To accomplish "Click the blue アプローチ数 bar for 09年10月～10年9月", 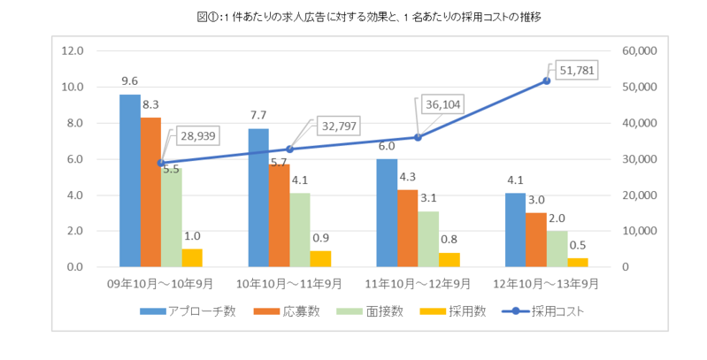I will coord(130,180).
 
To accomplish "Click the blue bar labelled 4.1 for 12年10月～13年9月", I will coord(515,230).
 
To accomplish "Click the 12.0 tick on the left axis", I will coord(73,50).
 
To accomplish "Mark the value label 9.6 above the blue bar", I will coord(130,80).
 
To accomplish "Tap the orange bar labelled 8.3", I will coord(150,192).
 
